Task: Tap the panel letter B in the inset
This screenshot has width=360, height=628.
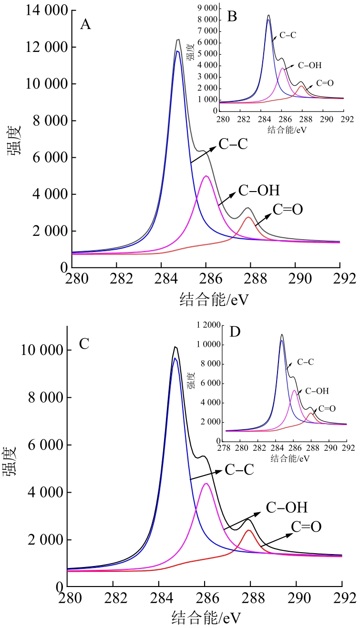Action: [232, 17]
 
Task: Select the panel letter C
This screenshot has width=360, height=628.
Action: [84, 344]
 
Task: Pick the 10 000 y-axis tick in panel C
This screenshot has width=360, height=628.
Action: [42, 350]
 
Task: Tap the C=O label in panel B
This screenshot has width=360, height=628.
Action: [323, 83]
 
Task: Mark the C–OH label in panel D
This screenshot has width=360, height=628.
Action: [317, 391]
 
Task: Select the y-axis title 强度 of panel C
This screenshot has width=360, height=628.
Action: [12, 461]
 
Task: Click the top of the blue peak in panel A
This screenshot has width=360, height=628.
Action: [177, 51]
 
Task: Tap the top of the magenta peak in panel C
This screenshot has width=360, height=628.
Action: [206, 484]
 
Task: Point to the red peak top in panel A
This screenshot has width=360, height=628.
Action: [248, 217]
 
